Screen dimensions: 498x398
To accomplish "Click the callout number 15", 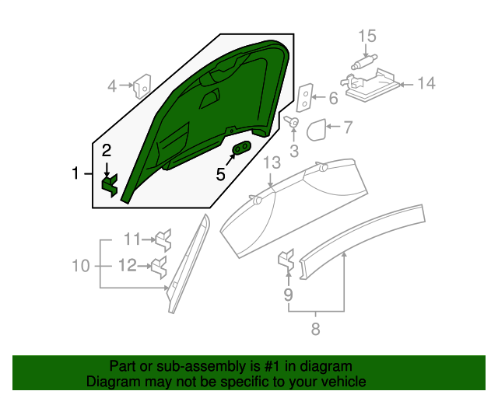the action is pyautogui.click(x=367, y=37).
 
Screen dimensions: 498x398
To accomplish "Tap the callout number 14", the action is pyautogui.click(x=426, y=83).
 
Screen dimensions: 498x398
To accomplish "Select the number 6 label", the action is pyautogui.click(x=333, y=99).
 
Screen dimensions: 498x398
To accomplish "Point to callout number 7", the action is pyautogui.click(x=348, y=127).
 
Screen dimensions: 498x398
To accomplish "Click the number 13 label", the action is pyautogui.click(x=272, y=162).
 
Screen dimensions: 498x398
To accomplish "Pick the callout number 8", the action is pyautogui.click(x=315, y=329).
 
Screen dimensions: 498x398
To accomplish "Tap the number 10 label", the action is pyautogui.click(x=81, y=266).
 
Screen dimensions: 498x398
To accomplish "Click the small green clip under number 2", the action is pyautogui.click(x=110, y=185).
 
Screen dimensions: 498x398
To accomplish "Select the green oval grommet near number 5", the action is pyautogui.click(x=242, y=147).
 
